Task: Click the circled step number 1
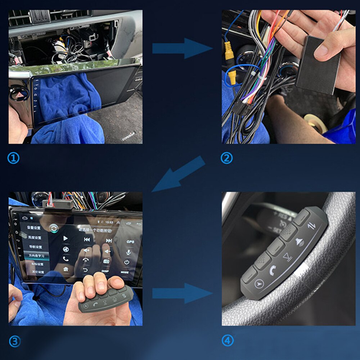click(13, 158)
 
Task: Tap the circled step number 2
click(226, 158)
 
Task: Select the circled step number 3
click(14, 342)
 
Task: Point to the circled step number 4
click(228, 340)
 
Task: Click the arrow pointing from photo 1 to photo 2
click(182, 48)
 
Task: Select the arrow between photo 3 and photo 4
click(182, 293)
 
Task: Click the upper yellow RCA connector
click(228, 50)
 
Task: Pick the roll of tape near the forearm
click(315, 122)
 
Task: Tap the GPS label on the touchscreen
click(130, 242)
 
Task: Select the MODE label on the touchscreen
click(125, 273)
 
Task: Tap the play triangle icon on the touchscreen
click(66, 238)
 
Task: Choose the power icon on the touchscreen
click(127, 262)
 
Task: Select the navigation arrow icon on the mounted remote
click(258, 284)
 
